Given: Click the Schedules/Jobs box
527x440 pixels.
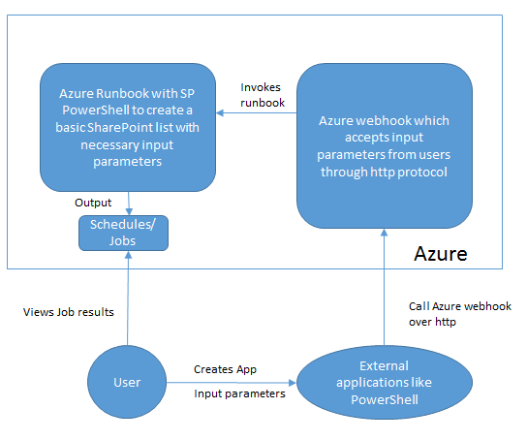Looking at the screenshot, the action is coord(123,233).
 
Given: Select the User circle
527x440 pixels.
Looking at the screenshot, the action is coord(127,382).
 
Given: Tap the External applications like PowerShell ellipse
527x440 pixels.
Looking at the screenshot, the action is coord(385,383).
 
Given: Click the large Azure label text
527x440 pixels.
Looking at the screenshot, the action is coord(441,254).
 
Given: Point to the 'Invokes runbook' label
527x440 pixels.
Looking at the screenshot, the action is coord(263,95).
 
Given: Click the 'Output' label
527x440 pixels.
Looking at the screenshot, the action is coord(93,203).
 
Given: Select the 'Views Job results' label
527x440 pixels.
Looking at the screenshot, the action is coord(69,312).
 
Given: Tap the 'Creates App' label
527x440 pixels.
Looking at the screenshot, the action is coord(225,369).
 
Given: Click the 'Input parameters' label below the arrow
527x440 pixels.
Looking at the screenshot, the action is coord(239,393).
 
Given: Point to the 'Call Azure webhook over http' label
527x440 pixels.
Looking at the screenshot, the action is coord(460,314).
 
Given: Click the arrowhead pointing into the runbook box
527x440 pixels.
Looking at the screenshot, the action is coord(220,113).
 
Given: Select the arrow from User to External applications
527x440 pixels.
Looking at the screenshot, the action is coord(232,383).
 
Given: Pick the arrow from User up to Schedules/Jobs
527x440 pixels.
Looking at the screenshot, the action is coord(128,299).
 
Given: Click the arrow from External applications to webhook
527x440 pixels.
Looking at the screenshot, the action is coord(385,287).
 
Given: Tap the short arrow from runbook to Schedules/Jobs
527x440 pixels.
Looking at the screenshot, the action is coord(129,204).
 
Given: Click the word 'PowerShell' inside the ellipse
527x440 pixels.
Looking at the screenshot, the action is coord(385,399).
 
